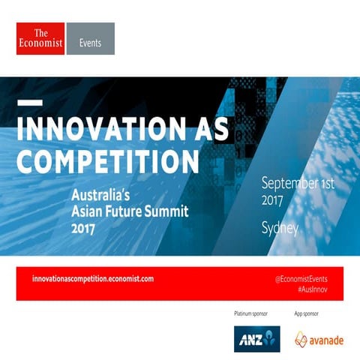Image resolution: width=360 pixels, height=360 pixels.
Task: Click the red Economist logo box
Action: [40, 38]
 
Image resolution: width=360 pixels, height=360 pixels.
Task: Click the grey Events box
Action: [91, 38]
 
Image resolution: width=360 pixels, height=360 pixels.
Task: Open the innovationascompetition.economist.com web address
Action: [93, 278]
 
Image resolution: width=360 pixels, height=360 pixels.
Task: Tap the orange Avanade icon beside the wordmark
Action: [301, 338]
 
